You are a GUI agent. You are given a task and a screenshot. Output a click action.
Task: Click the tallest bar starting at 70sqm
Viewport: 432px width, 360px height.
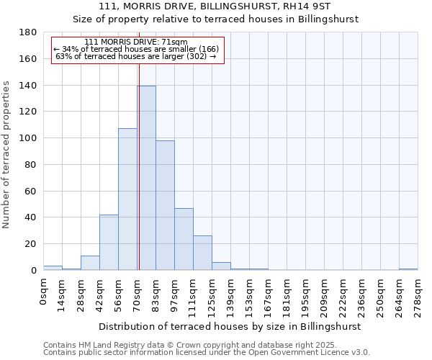click(x=146, y=178)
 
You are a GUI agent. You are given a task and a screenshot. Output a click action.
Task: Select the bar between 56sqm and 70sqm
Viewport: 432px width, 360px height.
click(x=127, y=199)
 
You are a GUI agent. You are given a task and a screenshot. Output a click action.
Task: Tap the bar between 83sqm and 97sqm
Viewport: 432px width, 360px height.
click(x=165, y=205)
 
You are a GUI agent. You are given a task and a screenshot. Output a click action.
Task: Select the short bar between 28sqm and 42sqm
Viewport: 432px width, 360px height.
click(x=90, y=263)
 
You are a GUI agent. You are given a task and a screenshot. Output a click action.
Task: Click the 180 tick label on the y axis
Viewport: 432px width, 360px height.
click(x=28, y=32)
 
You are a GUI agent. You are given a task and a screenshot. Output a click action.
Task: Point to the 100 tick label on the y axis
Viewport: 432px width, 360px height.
click(x=28, y=138)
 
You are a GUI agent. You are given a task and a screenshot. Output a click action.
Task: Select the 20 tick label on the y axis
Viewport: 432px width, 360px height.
click(x=31, y=244)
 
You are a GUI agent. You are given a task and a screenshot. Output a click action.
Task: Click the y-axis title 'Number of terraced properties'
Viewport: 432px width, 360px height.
click(x=6, y=155)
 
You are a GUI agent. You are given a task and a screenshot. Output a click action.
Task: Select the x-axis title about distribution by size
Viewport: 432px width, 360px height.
click(x=230, y=326)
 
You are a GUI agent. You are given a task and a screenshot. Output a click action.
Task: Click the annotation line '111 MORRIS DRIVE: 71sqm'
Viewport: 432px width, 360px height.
click(x=136, y=42)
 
